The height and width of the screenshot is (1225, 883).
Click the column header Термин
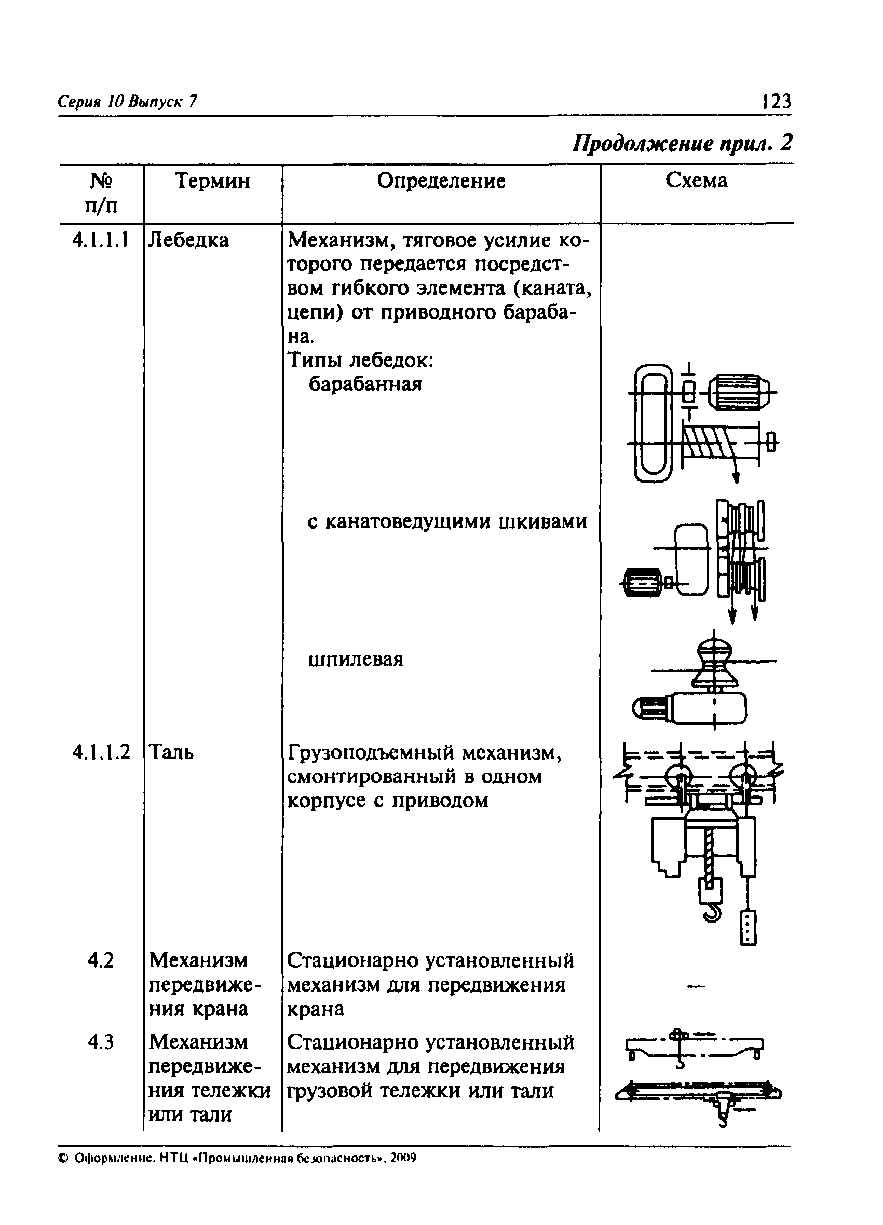[x=212, y=182]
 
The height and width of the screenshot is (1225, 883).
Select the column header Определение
[x=441, y=182]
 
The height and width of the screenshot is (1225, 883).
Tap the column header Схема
[x=696, y=181]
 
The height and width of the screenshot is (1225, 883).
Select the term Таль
[x=171, y=752]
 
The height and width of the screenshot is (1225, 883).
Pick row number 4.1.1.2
[x=101, y=752]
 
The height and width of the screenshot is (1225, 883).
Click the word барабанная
[x=365, y=384]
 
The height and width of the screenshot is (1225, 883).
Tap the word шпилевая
[x=356, y=659]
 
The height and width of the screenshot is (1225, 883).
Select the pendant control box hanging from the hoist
[x=748, y=927]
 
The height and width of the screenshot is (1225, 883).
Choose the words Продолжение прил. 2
[x=682, y=144]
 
